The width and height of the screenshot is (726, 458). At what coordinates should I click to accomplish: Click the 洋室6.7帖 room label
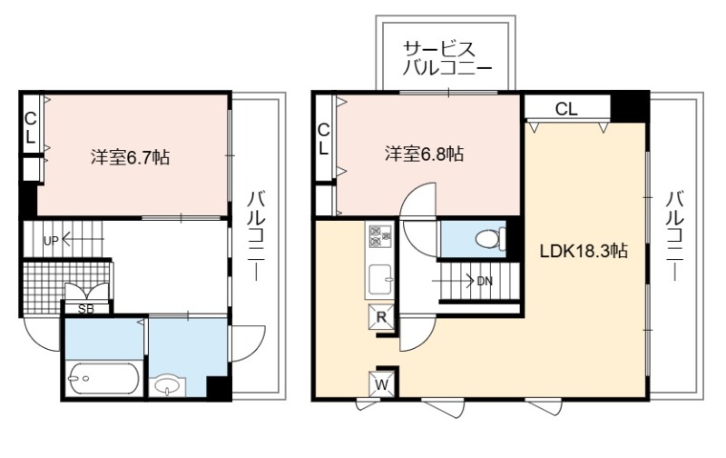tap(130, 157)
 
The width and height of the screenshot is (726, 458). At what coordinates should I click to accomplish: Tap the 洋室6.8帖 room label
tap(424, 154)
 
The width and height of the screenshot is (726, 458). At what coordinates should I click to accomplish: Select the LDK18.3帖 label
tap(584, 251)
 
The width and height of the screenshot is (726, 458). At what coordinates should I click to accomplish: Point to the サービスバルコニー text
tap(446, 59)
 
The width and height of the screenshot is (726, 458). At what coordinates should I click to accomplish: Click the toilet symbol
tap(489, 239)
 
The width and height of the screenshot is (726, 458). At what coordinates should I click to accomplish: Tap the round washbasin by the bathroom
tap(167, 385)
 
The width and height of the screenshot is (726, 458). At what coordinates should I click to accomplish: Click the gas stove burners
tap(379, 235)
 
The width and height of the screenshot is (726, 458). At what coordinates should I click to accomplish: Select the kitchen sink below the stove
tap(380, 280)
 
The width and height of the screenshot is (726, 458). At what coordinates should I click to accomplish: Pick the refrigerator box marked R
tap(381, 317)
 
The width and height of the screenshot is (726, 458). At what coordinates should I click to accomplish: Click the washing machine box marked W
tap(382, 384)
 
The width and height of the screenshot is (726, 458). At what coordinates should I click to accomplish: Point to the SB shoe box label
tap(85, 309)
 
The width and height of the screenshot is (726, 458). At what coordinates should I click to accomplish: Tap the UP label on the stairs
tap(51, 241)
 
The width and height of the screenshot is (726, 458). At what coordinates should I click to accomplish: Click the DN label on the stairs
tap(485, 281)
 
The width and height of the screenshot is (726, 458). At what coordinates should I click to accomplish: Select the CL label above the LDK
tap(566, 109)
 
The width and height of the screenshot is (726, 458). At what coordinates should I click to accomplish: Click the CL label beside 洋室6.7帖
tap(30, 128)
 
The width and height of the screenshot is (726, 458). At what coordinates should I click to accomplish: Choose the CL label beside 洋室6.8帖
tap(324, 140)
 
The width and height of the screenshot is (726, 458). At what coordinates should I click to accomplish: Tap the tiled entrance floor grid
tap(65, 287)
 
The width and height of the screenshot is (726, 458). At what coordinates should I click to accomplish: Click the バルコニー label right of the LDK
tap(675, 235)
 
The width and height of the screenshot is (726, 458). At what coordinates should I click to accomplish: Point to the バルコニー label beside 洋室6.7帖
tap(256, 235)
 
